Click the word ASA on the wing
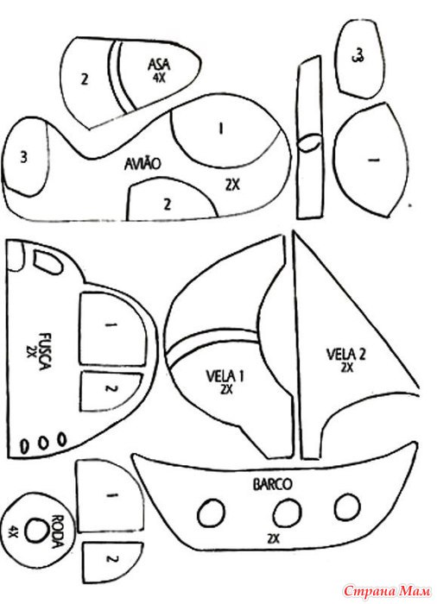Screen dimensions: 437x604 click(159, 65)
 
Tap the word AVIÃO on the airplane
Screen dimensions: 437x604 click(142, 164)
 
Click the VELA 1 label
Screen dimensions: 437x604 click(225, 375)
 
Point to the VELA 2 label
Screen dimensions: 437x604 click(346, 354)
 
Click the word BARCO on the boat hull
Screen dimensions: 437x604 click(273, 484)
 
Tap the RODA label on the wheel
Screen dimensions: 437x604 click(57, 531)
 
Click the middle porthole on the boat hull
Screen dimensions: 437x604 click(287, 513)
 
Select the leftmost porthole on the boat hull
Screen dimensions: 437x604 click(211, 513)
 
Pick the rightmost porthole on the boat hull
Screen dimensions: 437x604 click(347, 506)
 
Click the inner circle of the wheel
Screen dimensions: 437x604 click(37, 530)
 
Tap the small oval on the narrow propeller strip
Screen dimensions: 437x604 click(309, 143)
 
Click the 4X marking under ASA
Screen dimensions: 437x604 click(159, 78)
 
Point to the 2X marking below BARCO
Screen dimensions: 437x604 click(274, 538)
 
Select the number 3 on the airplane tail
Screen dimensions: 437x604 click(24, 157)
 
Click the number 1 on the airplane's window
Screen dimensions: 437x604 click(221, 129)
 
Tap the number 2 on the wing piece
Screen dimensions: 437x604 click(85, 79)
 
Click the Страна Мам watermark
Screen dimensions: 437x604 click(387, 590)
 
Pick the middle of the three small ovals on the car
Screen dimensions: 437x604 click(43, 442)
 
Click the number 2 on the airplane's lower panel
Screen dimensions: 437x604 click(167, 204)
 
